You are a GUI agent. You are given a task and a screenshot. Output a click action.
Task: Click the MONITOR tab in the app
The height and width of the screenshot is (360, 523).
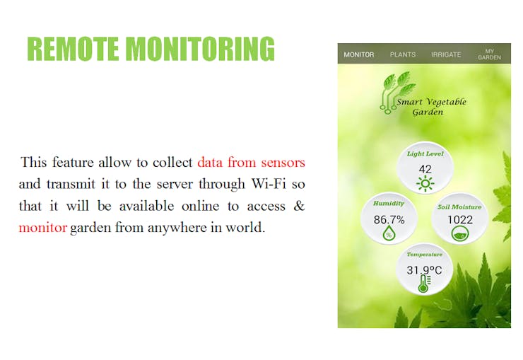click(358, 54)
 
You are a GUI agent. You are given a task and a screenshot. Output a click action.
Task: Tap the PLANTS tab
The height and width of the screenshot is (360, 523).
click(403, 54)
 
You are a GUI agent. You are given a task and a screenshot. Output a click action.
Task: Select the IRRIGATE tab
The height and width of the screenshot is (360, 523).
click(446, 54)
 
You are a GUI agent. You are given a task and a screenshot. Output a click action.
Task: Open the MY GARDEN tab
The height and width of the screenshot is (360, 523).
click(489, 54)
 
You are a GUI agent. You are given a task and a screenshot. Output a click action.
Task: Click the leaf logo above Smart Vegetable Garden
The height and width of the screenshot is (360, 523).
click(397, 92)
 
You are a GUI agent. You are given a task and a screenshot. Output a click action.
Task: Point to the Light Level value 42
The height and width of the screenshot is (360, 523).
click(425, 169)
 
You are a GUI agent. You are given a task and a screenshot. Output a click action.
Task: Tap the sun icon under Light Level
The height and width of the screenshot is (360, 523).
click(425, 184)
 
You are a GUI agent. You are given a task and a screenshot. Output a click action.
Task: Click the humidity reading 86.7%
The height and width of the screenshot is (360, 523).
click(389, 219)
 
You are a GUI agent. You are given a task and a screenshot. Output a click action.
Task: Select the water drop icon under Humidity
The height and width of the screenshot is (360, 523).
click(389, 233)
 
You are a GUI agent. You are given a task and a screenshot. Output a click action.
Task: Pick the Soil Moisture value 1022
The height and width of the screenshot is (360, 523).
click(460, 219)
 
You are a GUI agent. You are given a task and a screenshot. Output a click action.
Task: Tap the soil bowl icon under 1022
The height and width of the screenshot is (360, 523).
click(460, 234)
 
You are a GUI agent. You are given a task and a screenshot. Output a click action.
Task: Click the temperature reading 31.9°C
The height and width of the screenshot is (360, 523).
click(424, 270)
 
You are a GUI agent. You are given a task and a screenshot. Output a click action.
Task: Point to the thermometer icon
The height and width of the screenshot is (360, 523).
click(424, 284)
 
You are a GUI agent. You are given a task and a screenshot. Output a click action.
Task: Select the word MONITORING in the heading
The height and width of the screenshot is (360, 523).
click(200, 49)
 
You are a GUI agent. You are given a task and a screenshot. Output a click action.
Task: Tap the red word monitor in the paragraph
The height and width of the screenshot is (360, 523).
click(43, 228)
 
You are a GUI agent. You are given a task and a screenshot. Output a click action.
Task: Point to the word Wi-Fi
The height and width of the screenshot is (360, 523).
click(269, 184)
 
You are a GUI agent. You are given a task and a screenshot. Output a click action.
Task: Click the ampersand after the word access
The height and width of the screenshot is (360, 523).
click(299, 206)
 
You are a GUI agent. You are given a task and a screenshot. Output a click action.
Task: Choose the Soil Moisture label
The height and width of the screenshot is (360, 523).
click(459, 207)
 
